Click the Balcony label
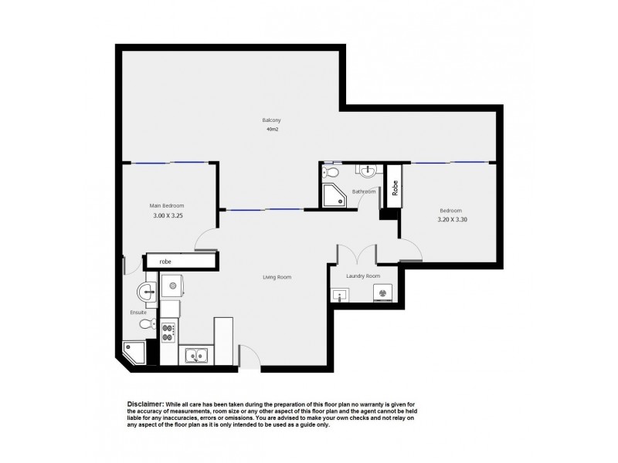[x=270, y=120]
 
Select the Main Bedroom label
[x=167, y=205]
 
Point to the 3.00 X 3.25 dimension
[x=168, y=218]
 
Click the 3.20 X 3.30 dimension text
[x=450, y=219]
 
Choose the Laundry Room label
[x=362, y=275]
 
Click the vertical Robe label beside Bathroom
[x=395, y=188]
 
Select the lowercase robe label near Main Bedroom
[x=166, y=262]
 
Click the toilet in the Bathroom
[x=330, y=172]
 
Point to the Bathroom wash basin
[x=367, y=171]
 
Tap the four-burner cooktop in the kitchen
[x=168, y=333]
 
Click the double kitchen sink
[x=197, y=356]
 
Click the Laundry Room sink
[x=340, y=294]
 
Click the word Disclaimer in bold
[x=144, y=404]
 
